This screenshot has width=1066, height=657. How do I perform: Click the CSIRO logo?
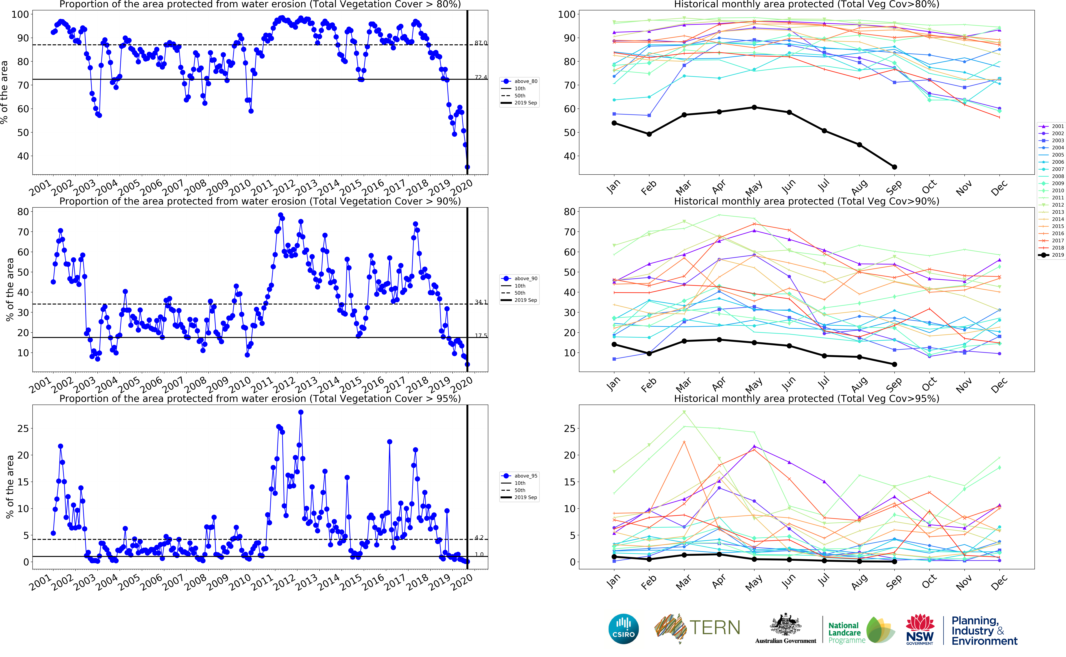coord(623,629)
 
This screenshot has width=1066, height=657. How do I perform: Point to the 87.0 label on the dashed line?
coord(480,43)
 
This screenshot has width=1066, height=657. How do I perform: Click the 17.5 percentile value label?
coord(480,335)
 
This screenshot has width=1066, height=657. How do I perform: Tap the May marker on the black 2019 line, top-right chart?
coord(754,107)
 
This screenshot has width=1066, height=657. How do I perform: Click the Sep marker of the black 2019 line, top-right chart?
coord(894,167)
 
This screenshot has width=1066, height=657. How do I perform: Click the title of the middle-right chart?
coord(806,201)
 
